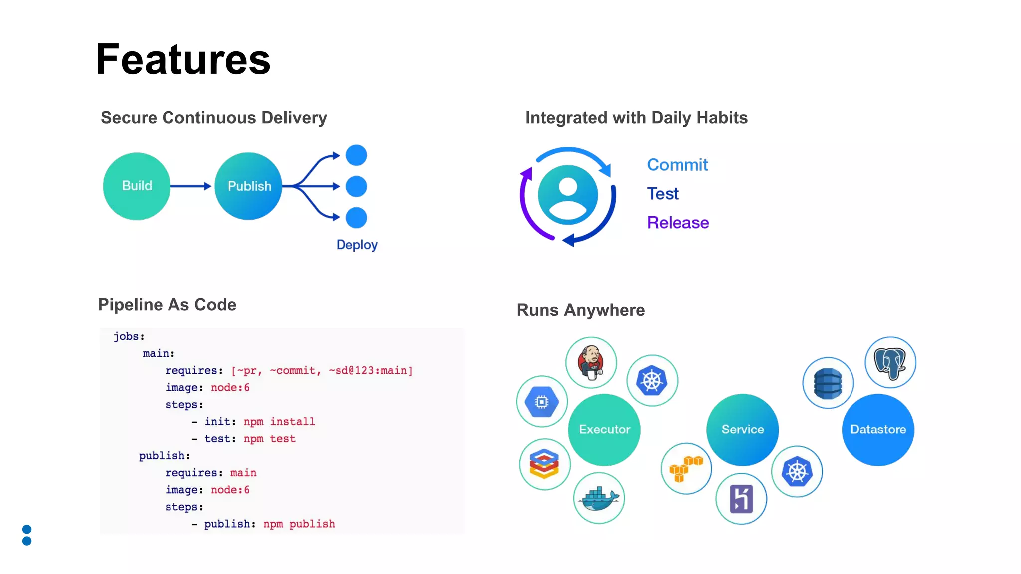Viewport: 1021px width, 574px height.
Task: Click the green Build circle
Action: (137, 186)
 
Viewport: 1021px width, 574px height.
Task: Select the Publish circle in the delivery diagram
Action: (248, 186)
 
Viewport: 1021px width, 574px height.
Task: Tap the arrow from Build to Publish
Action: (191, 186)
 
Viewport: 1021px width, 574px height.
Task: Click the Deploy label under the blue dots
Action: (357, 245)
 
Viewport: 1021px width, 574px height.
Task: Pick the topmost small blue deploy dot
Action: (356, 155)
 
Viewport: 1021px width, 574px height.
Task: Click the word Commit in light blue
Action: (677, 165)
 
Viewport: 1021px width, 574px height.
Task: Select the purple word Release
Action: (678, 223)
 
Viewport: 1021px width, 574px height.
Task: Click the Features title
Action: (183, 60)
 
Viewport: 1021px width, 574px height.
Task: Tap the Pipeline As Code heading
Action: (167, 305)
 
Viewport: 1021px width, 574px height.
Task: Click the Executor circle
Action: (604, 430)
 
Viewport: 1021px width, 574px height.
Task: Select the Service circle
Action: (742, 430)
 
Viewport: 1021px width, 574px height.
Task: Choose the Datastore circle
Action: (878, 430)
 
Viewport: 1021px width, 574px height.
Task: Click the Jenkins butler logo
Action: (591, 362)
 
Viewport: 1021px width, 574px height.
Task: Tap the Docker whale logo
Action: (599, 498)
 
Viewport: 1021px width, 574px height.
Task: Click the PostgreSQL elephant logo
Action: (890, 362)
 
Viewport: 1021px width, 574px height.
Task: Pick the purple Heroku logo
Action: (741, 499)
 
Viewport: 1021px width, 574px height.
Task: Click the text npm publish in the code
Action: (299, 524)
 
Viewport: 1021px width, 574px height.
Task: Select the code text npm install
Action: (279, 422)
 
